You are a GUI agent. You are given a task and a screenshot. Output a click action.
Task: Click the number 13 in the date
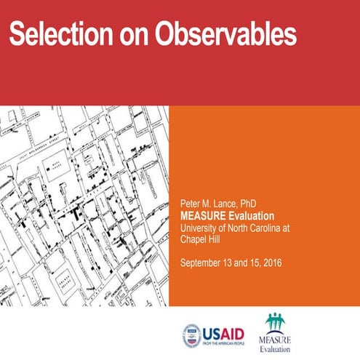click(x=234, y=262)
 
